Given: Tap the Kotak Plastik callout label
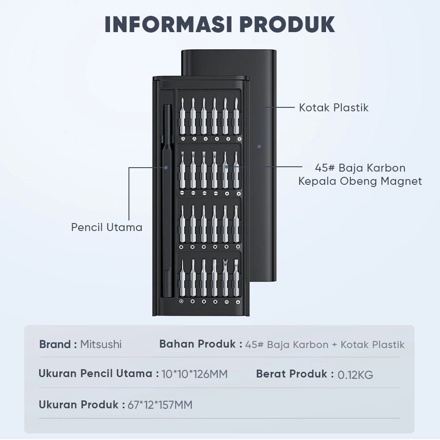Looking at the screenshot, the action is [x=334, y=107].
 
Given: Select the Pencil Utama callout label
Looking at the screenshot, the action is [x=107, y=227].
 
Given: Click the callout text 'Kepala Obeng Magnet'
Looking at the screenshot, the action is [x=360, y=181].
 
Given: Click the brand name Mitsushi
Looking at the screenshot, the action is [x=101, y=344].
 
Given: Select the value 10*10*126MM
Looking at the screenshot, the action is [x=194, y=374].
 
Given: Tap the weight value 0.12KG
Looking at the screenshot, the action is [x=356, y=375].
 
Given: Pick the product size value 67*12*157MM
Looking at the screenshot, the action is [x=160, y=405].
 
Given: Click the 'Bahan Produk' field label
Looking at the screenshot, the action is [x=198, y=344].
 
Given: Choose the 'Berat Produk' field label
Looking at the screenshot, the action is [x=292, y=374].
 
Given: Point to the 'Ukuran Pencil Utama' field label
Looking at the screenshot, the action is [x=95, y=374].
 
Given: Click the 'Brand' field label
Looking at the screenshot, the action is [x=55, y=344].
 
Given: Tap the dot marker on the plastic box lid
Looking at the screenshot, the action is [x=259, y=146].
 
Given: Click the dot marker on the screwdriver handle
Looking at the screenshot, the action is [x=166, y=167].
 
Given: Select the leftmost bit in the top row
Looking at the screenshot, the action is [x=182, y=117].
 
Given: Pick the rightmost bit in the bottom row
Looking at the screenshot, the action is [x=236, y=277].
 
